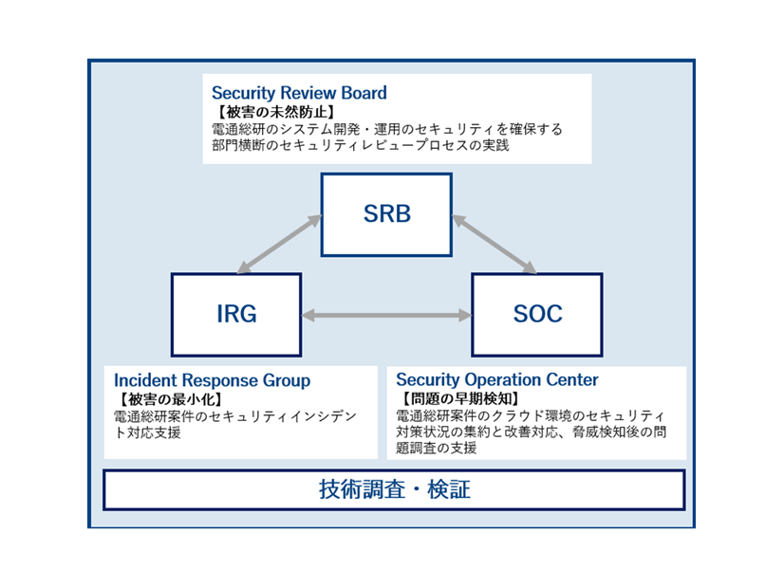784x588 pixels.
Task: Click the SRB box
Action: click(x=386, y=214)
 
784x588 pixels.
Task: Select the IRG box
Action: click(x=235, y=314)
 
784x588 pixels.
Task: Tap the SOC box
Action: click(x=536, y=314)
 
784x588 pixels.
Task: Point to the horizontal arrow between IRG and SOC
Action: click(x=386, y=315)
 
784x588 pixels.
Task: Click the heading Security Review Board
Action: click(x=299, y=93)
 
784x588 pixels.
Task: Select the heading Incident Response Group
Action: click(x=212, y=380)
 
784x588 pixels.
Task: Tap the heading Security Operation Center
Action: click(x=497, y=380)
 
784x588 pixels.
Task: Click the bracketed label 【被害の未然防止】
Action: click(x=258, y=112)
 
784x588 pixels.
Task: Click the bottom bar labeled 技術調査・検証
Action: click(x=394, y=490)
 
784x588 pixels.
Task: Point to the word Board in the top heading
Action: click(x=364, y=93)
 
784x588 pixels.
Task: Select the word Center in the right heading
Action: click(x=573, y=380)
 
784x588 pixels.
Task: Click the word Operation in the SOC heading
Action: click(x=502, y=380)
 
